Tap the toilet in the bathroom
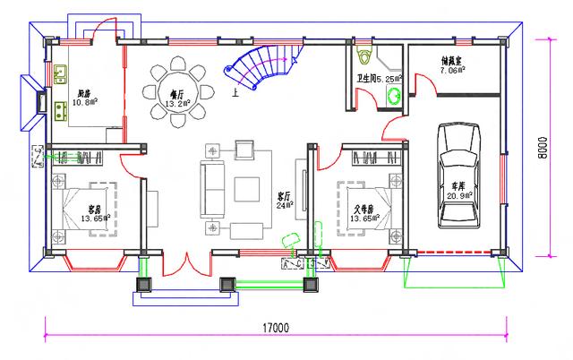coord(363,57)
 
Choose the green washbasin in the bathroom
coord(391,99)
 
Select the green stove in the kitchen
coord(61,112)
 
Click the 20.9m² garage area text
coord(458,196)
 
